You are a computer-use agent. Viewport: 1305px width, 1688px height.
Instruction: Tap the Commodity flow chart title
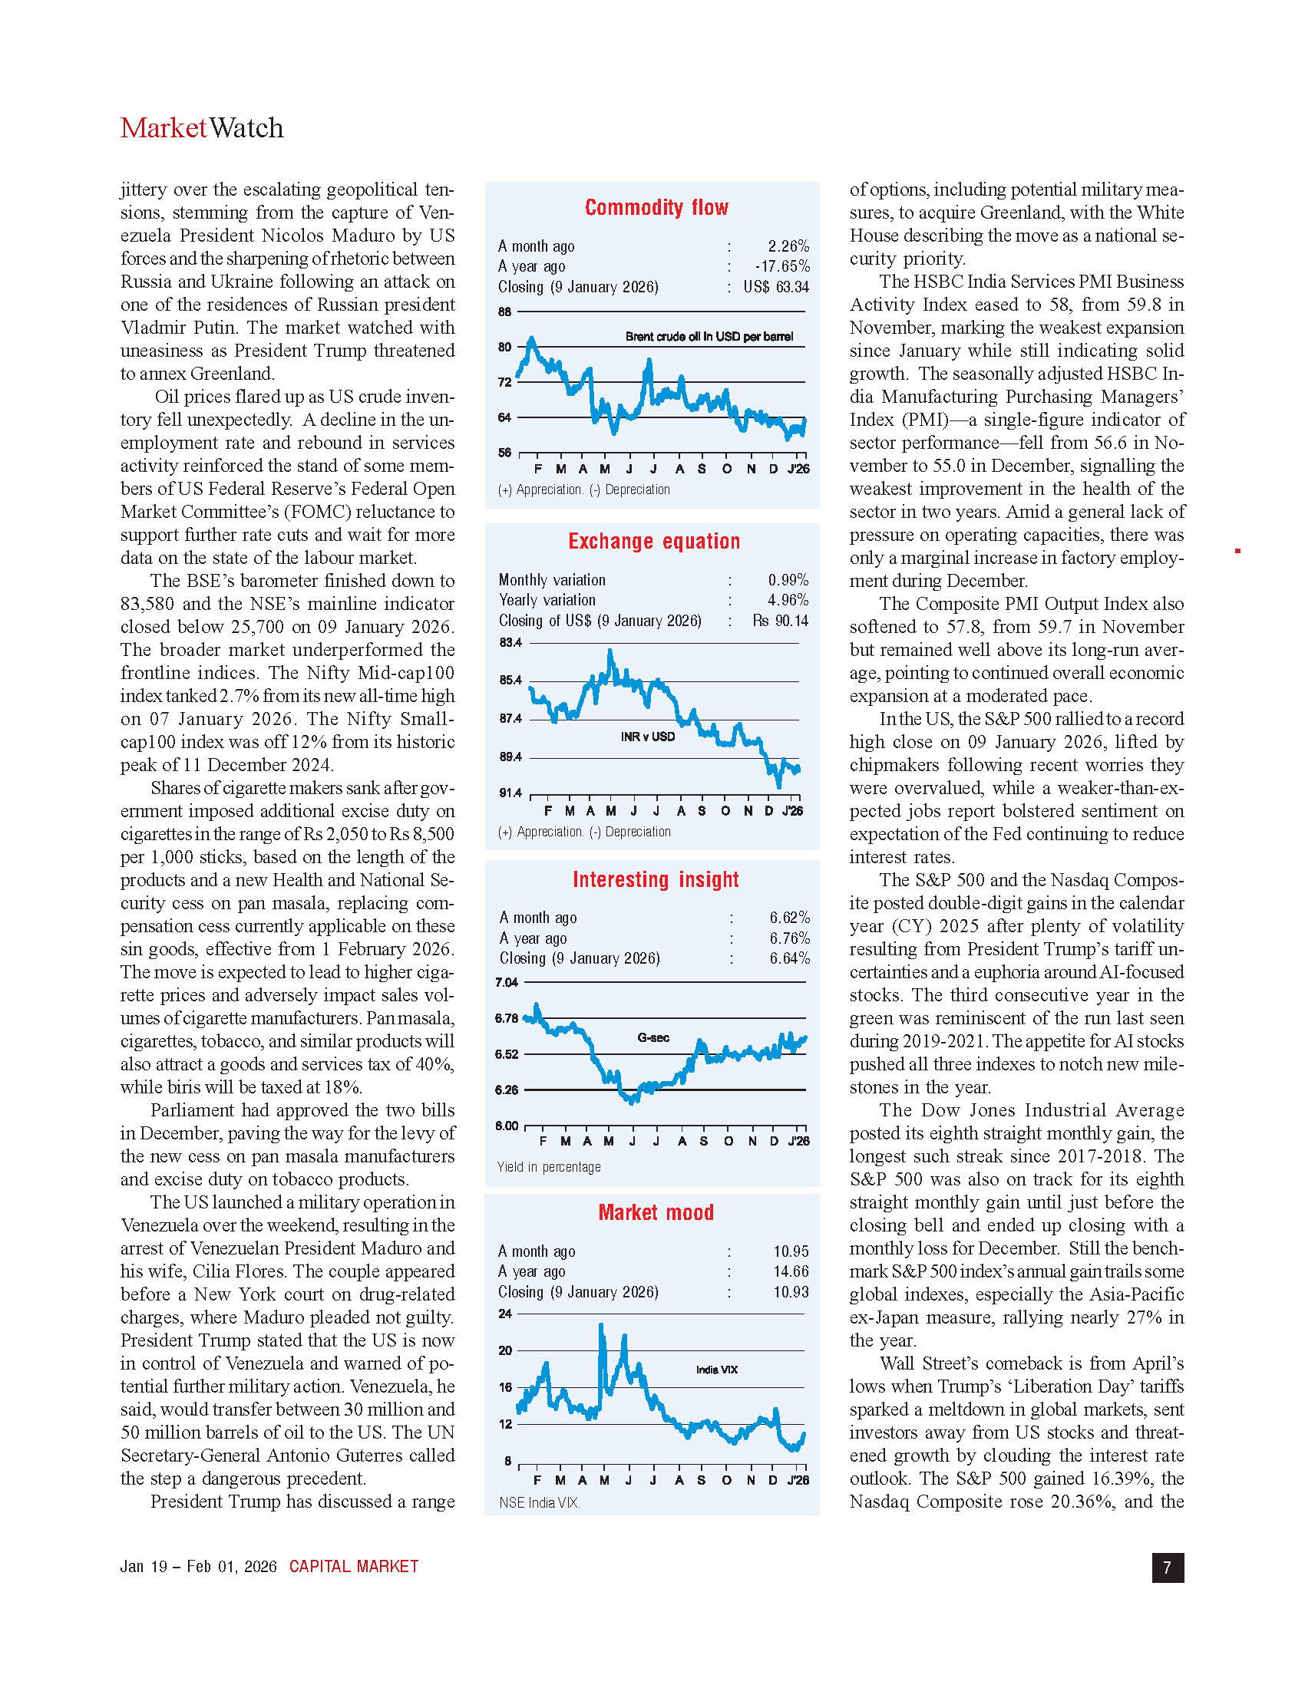coord(656,207)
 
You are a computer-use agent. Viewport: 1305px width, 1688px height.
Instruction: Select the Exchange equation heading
coord(654,541)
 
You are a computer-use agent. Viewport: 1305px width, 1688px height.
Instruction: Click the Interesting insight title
coord(656,879)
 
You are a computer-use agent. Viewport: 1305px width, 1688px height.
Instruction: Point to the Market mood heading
coord(656,1212)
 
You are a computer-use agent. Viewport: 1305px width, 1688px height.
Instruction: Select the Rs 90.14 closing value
coord(780,621)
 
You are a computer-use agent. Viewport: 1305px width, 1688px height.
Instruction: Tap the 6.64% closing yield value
coord(789,958)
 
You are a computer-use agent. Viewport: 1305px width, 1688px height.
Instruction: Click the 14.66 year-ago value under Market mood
coord(791,1271)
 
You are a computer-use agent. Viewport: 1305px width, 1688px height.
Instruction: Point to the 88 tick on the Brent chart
coord(504,312)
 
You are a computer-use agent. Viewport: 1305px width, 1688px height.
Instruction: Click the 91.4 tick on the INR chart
coord(510,793)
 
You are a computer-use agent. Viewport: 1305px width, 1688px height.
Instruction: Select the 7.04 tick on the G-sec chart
coord(507,983)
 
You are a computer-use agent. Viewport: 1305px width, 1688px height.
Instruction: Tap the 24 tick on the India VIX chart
coord(505,1314)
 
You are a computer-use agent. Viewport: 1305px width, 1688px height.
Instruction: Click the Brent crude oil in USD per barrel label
coord(709,337)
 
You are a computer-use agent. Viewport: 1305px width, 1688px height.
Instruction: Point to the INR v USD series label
coord(648,737)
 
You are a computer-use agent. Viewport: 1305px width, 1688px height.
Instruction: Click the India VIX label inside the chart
coord(717,1370)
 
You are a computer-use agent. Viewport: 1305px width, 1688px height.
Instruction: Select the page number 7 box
coord(1168,1568)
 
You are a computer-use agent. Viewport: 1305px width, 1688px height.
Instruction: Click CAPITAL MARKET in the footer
coord(353,1567)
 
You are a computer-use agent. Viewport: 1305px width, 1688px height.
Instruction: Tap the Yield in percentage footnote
coord(549,1167)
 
